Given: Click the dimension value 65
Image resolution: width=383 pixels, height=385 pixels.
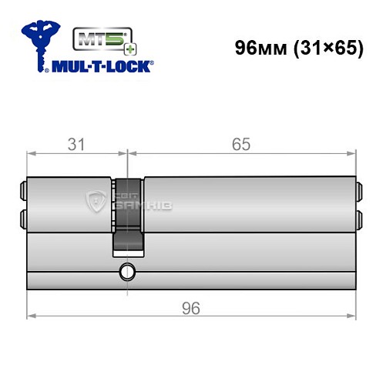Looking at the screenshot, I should coord(240,144).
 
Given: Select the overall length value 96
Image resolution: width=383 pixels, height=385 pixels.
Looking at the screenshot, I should coord(191,307).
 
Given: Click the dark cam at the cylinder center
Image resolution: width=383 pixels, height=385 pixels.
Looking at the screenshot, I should coord(129,216).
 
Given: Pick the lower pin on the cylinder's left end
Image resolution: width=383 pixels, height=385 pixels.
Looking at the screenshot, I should coord(21,218).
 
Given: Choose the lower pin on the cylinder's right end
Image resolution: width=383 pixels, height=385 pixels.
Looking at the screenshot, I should coord(358,218).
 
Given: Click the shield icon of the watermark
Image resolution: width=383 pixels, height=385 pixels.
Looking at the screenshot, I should coord(98,202).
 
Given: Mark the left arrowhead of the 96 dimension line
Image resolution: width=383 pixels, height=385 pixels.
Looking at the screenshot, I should coord(31,316).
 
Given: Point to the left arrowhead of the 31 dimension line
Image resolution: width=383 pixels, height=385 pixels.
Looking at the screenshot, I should coord(31,153).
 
